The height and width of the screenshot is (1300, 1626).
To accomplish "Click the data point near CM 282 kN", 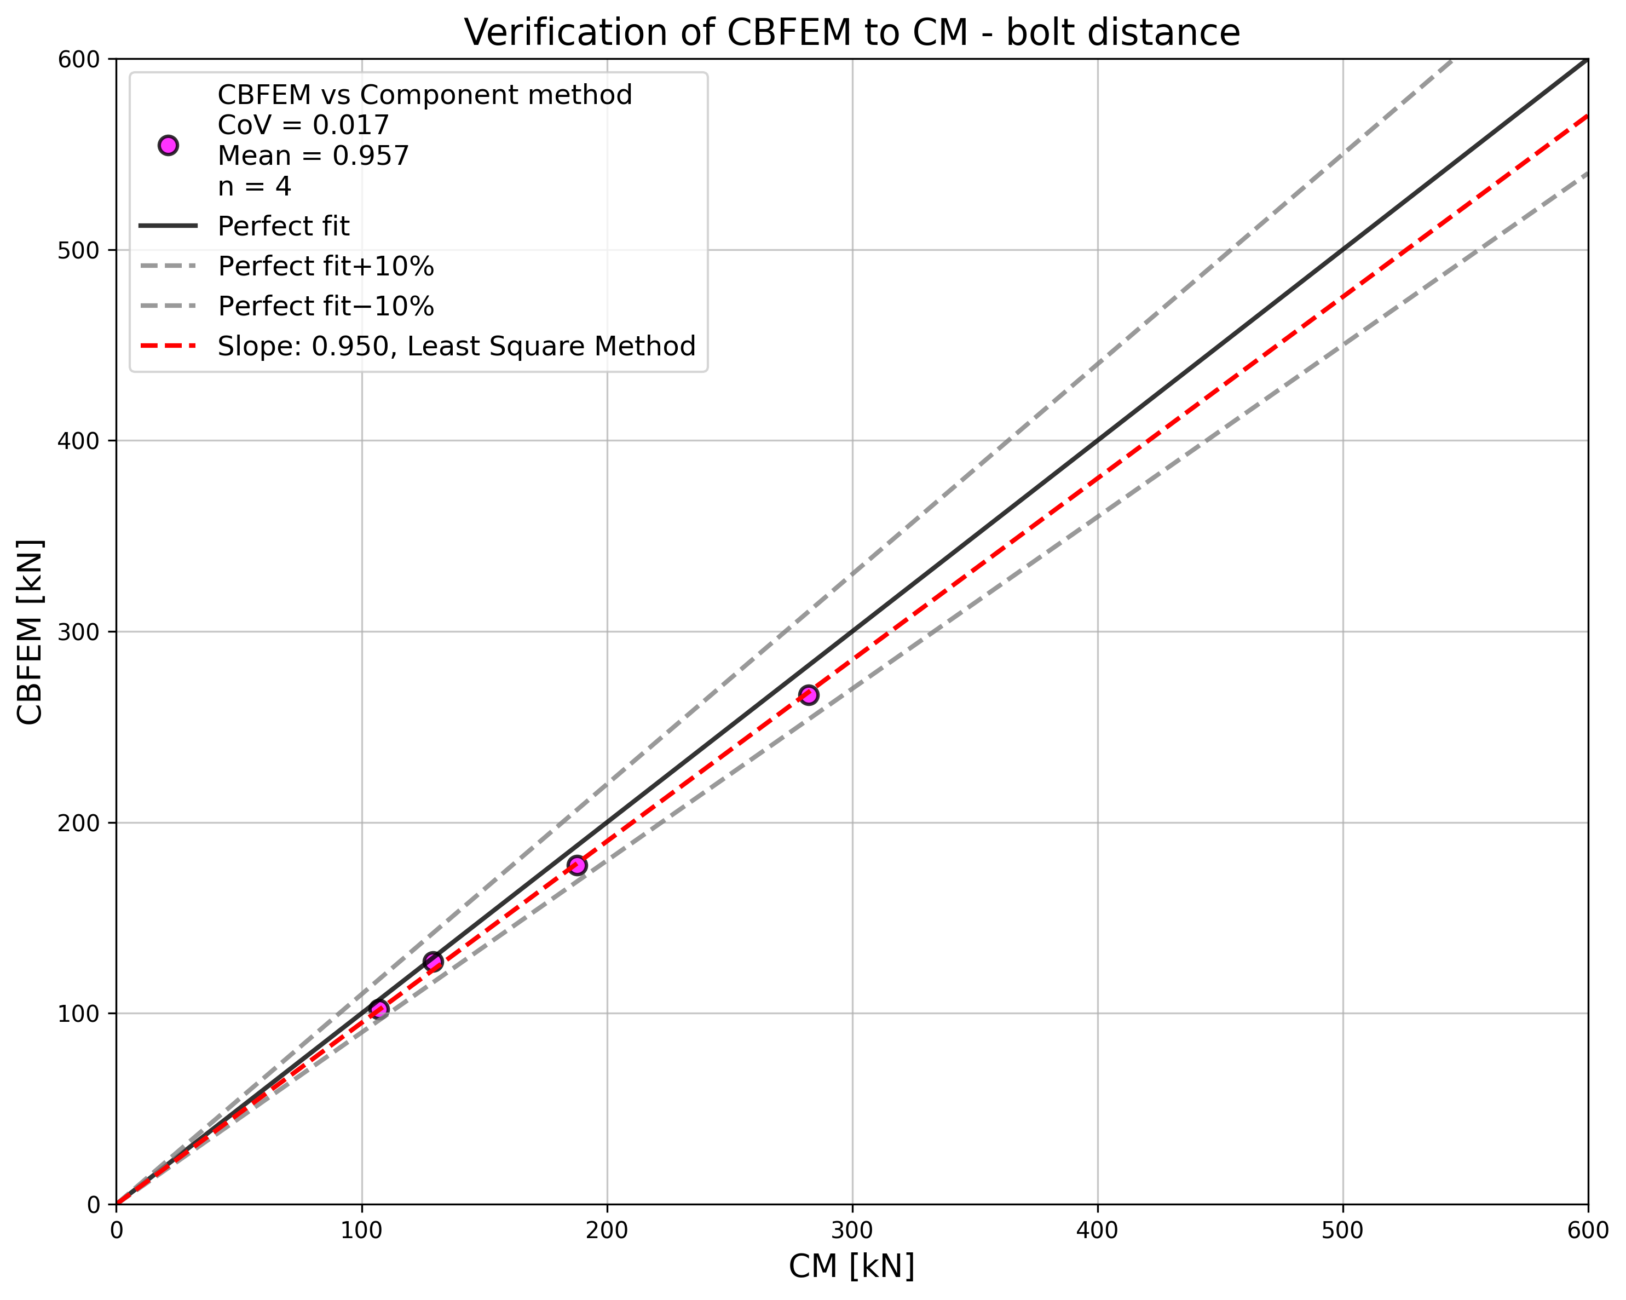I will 809,695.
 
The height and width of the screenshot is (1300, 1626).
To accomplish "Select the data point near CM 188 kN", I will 577,865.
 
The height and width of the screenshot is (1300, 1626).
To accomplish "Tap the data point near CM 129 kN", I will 433,961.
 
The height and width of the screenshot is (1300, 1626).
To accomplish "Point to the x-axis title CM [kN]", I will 851,1267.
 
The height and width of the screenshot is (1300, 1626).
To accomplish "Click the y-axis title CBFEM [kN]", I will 30,632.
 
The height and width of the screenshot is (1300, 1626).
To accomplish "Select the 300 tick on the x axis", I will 852,1230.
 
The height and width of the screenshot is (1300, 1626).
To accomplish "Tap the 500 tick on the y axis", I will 78,250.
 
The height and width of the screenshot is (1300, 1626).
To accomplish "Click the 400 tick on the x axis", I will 1097,1230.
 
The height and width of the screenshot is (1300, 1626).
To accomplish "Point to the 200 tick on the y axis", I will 78,823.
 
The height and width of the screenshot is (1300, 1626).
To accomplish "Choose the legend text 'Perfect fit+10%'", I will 326,266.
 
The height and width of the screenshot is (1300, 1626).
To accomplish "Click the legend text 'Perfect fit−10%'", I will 326,306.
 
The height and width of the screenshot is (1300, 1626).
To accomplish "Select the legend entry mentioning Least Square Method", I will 456,346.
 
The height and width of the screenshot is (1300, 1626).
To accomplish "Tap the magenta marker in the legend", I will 168,146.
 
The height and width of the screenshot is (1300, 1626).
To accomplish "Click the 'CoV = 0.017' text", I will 303,125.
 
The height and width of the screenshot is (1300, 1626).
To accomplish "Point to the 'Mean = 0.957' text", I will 313,156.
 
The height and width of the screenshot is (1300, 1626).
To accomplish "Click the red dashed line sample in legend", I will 168,346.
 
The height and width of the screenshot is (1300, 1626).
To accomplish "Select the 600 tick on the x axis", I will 1588,1230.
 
